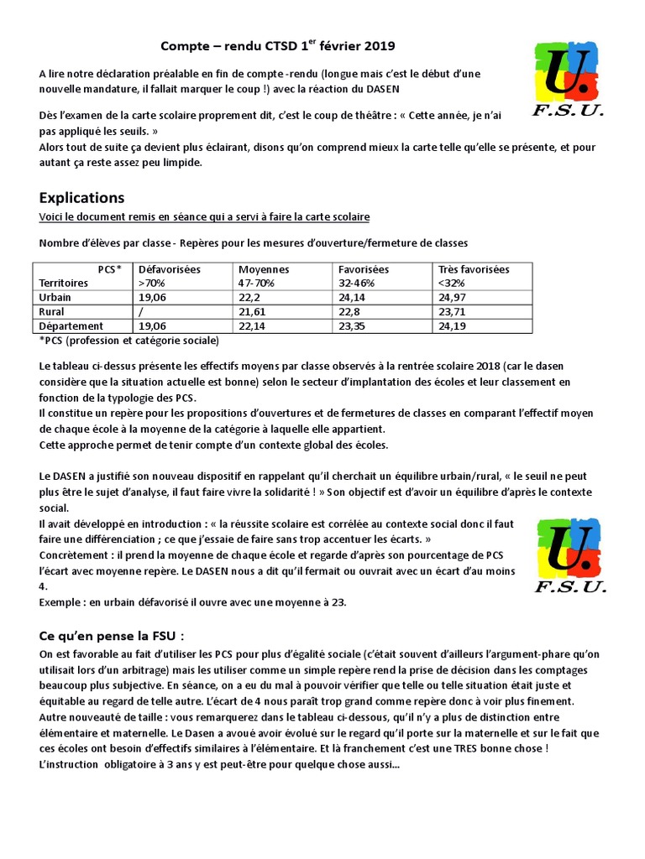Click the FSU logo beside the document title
tap(569, 80)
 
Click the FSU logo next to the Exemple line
tap(569, 554)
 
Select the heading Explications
tap(81, 198)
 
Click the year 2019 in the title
tap(380, 46)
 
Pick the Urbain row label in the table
tap(55, 297)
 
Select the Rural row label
tap(52, 311)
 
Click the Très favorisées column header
tap(474, 269)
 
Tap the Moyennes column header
tap(264, 269)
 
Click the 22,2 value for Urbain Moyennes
tap(250, 297)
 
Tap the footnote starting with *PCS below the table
tap(128, 341)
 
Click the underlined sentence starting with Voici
tap(204, 217)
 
